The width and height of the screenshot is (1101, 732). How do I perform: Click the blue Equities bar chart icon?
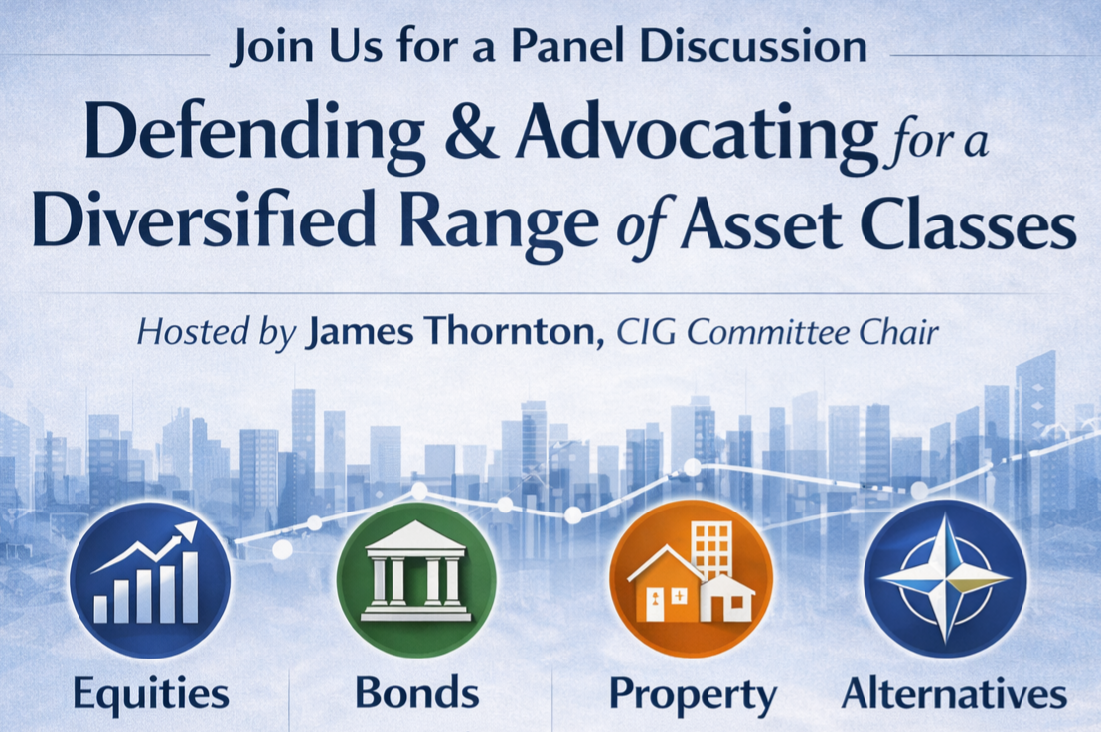pos(149,580)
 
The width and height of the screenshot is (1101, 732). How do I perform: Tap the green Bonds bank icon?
pos(415,580)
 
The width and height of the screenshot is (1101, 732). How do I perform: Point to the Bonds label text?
pos(416,693)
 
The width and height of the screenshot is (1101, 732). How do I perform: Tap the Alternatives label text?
pos(954,693)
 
